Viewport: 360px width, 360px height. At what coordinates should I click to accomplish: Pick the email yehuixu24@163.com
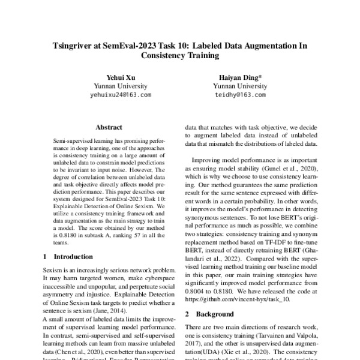point(120,95)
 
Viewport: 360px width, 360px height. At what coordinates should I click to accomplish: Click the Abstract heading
point(109,127)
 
